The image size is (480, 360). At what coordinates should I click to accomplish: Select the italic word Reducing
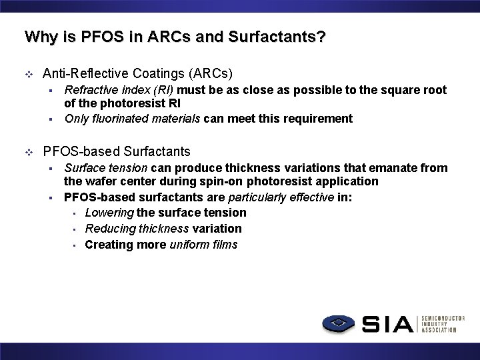click(111, 229)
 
